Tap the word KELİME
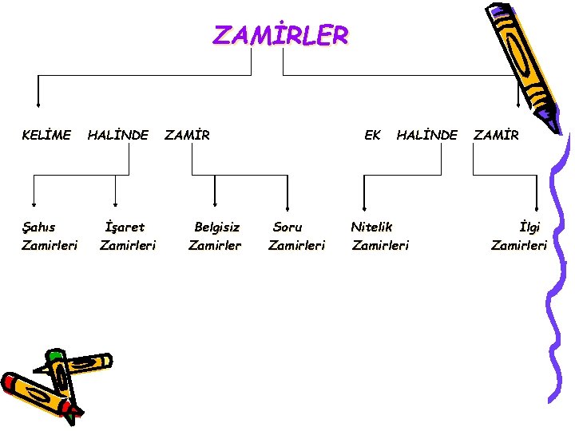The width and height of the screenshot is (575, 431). (x=46, y=136)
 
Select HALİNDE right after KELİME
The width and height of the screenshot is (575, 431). (x=117, y=136)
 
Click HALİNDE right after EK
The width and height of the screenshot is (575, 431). (x=427, y=136)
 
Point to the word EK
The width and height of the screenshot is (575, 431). (x=372, y=136)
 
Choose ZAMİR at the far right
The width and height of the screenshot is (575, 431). (x=496, y=136)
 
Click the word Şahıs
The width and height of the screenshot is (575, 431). (x=40, y=227)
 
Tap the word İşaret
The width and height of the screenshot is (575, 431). (x=125, y=227)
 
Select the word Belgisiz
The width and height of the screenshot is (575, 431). (x=216, y=227)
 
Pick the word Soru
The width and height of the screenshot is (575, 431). (x=287, y=227)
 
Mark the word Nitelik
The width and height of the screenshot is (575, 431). (x=372, y=227)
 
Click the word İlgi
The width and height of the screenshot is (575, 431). (x=529, y=227)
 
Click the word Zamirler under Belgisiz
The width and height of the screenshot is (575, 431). (x=214, y=246)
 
